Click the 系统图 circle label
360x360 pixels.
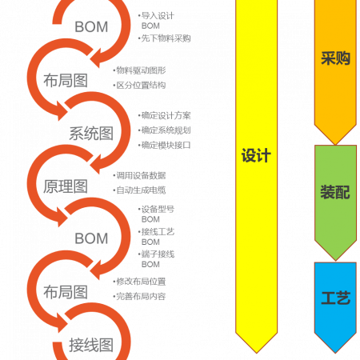tap(91, 134)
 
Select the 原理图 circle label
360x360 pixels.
tap(66, 186)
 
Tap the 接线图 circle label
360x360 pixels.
tap(91, 345)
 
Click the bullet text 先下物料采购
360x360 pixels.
tap(166, 38)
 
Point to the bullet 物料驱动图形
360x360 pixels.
tap(141, 70)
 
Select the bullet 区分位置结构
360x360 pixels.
tap(141, 86)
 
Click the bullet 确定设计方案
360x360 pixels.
tap(166, 115)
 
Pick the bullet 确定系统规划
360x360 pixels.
tap(166, 130)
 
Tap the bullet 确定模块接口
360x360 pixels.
tap(166, 145)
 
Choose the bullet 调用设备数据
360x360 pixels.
tap(141, 175)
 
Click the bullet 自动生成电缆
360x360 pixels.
tap(141, 190)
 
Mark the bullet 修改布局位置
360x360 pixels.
tap(141, 282)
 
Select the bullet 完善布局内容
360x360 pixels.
tap(141, 296)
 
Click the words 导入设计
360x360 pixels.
tap(158, 16)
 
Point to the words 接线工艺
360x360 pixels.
tap(158, 232)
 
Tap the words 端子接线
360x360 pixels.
tap(158, 254)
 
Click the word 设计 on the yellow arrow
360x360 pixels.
tap(256, 155)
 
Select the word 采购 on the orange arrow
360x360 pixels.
tap(335, 58)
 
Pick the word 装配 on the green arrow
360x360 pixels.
tap(335, 192)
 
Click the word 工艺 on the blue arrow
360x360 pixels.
tap(336, 298)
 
